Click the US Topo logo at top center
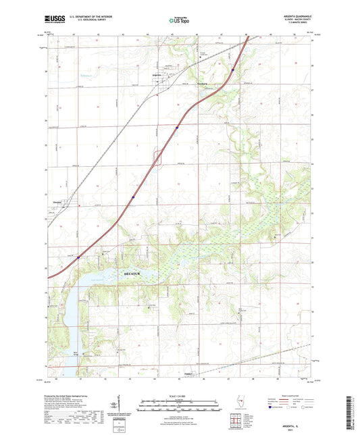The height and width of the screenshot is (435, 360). click(x=179, y=21)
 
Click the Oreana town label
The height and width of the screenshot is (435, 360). click(x=57, y=202)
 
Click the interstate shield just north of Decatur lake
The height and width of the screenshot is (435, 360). click(x=78, y=257)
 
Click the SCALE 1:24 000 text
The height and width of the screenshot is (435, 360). click(x=179, y=396)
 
